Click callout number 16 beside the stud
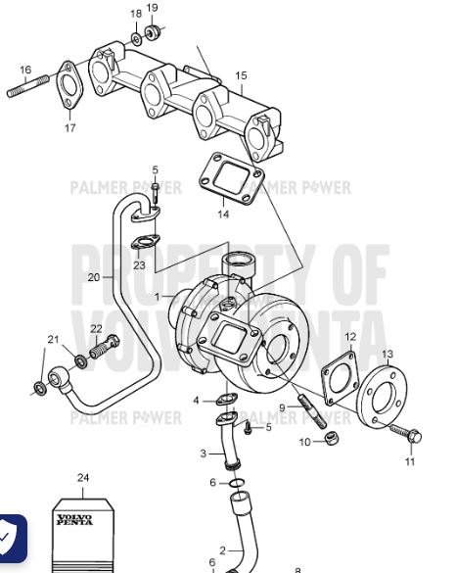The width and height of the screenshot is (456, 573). [25, 70]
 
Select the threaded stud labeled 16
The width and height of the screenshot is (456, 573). [25, 90]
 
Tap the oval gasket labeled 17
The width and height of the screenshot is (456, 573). [68, 84]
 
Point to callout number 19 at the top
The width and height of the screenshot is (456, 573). [152, 9]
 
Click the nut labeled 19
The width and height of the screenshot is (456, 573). [153, 34]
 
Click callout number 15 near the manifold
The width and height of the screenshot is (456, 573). [241, 75]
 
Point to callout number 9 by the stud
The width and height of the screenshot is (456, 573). [282, 406]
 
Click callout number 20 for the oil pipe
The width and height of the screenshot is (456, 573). [93, 277]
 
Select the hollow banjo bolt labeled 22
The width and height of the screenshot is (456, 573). [103, 347]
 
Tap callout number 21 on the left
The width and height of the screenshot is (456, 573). [53, 340]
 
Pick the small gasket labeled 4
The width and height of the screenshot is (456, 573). [225, 399]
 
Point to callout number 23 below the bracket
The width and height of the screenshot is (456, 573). [139, 265]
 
